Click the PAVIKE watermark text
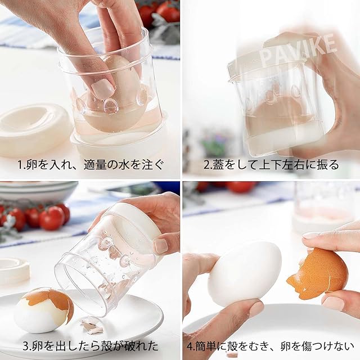299,49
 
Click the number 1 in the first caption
20,165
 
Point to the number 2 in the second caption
206,165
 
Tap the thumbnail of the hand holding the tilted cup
161,246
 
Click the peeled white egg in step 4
245,274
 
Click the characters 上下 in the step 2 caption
271,165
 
